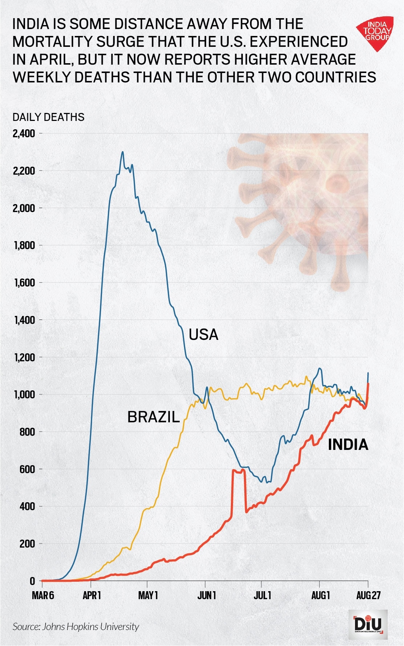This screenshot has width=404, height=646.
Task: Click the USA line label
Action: [x=203, y=334]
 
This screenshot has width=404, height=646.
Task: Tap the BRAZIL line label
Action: [x=154, y=417]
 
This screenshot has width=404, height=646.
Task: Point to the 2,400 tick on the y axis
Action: [x=24, y=134]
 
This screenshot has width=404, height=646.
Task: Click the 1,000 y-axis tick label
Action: [x=25, y=394]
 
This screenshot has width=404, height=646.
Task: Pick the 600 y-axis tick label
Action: [x=28, y=469]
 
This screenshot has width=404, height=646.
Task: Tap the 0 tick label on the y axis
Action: [x=33, y=581]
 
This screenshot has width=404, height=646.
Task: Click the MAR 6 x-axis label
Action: [x=43, y=596]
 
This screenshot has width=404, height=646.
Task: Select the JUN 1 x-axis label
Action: [x=207, y=596]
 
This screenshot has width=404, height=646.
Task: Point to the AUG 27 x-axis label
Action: [x=368, y=596]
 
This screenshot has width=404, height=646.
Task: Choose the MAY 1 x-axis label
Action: [x=148, y=596]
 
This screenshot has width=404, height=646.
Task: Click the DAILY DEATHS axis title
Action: [x=48, y=117]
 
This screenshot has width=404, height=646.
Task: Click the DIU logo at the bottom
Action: [x=368, y=625]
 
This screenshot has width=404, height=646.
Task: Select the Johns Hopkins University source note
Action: [x=76, y=626]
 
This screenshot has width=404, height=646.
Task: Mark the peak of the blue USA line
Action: [x=123, y=152]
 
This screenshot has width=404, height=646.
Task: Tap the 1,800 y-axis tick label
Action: [x=25, y=245]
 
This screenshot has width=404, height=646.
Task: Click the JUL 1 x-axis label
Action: [x=262, y=596]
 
